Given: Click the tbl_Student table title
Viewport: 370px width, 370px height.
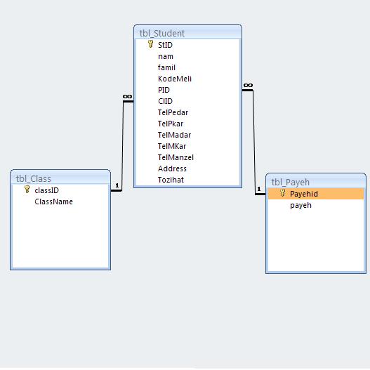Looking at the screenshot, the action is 162,34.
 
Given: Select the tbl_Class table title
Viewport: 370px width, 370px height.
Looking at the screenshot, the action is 33,179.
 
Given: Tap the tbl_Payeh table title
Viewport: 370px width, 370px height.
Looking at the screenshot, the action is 290,182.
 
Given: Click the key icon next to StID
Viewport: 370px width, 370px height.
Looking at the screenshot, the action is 150,44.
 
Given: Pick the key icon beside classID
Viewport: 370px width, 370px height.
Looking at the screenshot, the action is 27,190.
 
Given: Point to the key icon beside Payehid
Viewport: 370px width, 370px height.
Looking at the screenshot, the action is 283,193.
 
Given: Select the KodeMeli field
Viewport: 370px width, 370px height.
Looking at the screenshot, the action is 175,79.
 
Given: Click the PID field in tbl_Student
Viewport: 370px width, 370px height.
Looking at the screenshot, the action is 164,90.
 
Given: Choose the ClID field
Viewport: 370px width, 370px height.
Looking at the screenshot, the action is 165,101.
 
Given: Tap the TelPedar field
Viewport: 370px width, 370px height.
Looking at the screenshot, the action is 173,112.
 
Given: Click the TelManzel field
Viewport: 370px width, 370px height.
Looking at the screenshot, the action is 176,157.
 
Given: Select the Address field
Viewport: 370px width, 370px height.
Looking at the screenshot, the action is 172,169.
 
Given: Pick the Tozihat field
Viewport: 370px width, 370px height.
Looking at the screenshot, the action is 171,180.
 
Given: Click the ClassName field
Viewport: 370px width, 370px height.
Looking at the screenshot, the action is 53,201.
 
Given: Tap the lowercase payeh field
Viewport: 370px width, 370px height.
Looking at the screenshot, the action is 301,205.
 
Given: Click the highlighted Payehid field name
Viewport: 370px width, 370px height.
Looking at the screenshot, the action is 304,194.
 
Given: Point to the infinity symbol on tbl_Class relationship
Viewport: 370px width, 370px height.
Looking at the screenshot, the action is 127,96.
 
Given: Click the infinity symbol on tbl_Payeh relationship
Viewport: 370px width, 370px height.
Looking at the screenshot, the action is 248,85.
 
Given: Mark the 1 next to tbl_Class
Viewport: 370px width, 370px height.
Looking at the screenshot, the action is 117,186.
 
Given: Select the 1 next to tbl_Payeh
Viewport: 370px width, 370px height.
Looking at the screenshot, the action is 259,189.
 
